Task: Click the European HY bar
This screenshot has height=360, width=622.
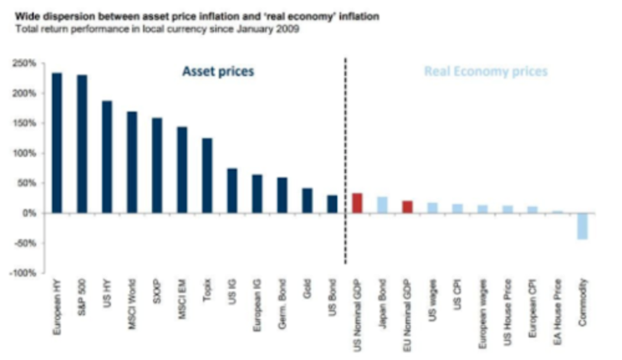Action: (x=57, y=142)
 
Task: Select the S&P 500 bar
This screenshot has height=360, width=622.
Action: (x=82, y=144)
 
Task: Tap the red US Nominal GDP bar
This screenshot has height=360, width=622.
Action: (x=357, y=202)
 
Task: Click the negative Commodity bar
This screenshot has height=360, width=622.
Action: (x=582, y=226)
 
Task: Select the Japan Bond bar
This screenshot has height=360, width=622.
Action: (x=382, y=204)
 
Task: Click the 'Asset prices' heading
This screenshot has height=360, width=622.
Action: (x=218, y=71)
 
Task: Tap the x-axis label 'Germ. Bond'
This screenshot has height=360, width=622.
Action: (x=282, y=308)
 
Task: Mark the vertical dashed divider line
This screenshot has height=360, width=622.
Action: (x=345, y=160)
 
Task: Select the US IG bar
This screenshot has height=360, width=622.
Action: (x=232, y=190)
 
